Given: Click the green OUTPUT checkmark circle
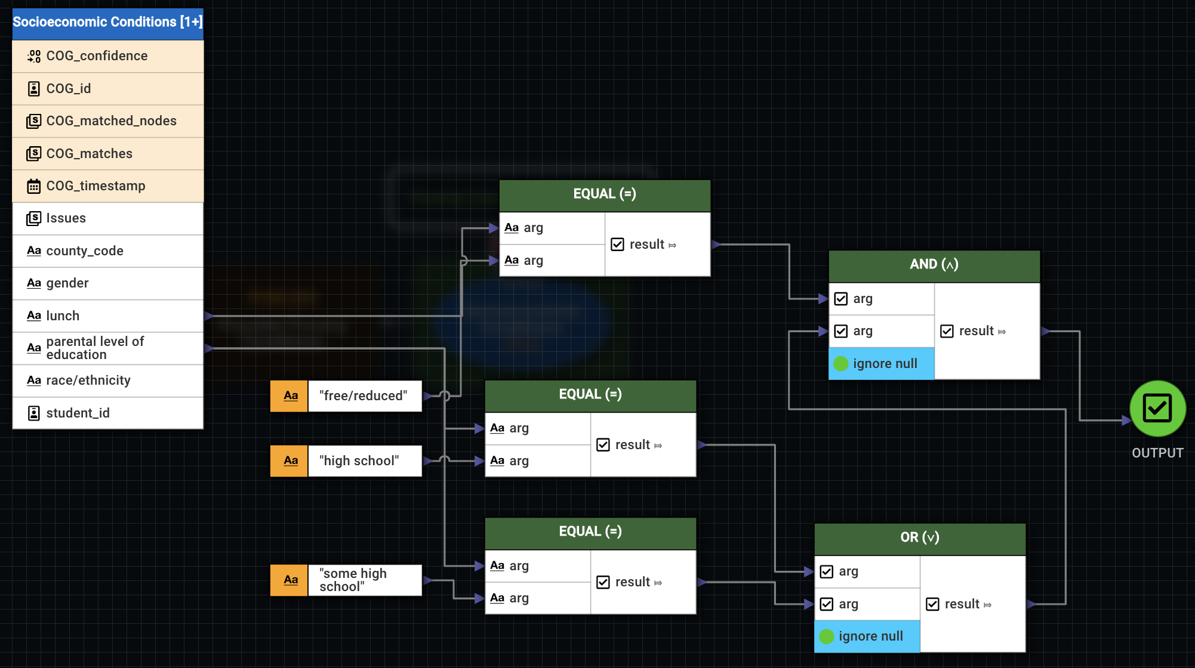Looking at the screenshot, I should pos(1157,409).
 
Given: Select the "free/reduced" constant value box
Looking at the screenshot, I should pos(364,396).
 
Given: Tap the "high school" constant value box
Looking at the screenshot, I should pos(364,461).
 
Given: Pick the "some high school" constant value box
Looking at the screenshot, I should pos(364,580).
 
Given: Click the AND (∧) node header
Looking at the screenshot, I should pos(934,265).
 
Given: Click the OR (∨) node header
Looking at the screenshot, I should pos(919,538).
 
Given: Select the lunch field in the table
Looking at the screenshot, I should pos(107,316).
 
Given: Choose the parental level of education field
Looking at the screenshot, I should pos(107,348).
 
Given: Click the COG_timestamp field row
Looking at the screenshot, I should pos(107,186).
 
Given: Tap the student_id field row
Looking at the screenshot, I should pos(107,413).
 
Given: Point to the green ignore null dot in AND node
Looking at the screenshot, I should pos(840,364).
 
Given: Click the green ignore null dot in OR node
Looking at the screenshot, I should pos(826,637).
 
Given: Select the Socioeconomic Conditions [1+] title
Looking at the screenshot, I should pos(107,23).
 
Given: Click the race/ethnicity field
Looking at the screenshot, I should pos(107,381).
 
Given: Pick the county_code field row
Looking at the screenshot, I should pos(107,251).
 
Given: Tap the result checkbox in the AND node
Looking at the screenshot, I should pos(947,332).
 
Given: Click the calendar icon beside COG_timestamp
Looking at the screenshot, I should pos(34,187).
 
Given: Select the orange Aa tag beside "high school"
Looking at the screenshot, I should pos(290,461).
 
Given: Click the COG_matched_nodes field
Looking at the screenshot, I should pos(107,121).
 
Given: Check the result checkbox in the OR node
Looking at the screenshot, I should pos(932,605).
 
